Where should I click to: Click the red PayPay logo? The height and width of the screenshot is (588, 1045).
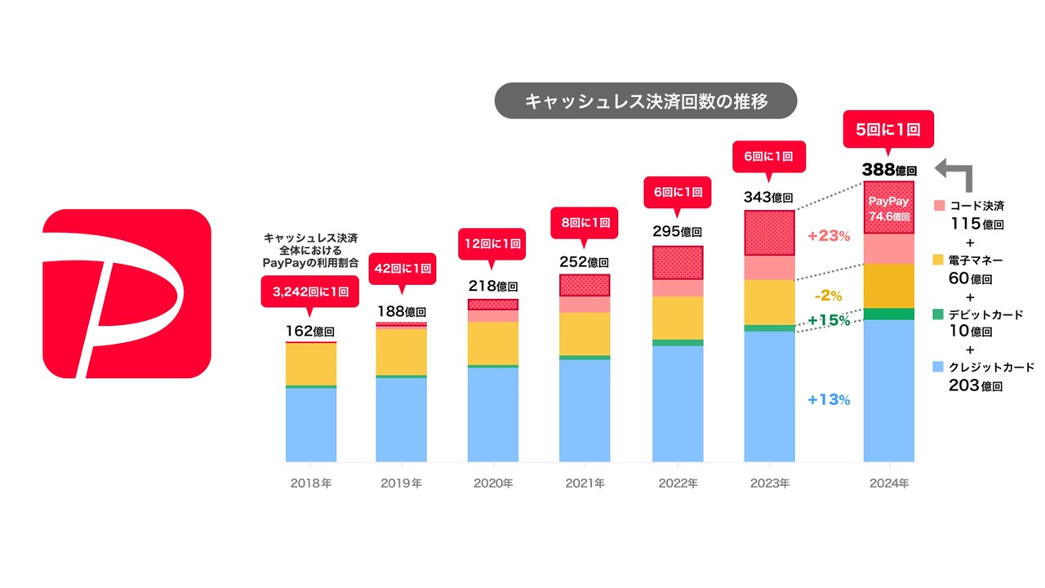(127, 294)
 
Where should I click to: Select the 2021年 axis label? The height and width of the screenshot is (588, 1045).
(585, 483)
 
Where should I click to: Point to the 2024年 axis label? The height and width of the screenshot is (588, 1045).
(888, 483)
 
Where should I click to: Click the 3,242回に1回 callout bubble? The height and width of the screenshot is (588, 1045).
(309, 292)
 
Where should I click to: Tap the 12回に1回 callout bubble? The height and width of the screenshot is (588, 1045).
(493, 244)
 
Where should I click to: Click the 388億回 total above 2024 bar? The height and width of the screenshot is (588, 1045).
(889, 171)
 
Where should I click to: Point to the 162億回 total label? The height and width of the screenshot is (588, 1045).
(310, 332)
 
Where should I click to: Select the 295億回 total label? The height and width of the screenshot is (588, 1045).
(678, 232)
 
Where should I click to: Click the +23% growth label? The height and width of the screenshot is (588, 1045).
(829, 237)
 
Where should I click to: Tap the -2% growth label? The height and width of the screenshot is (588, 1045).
(829, 296)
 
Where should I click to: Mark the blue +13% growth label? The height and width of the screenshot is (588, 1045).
(829, 400)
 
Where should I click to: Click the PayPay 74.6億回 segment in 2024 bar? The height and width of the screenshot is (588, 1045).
(888, 207)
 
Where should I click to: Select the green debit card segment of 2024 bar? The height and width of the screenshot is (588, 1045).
(888, 314)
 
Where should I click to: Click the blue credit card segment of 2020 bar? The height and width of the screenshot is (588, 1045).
(492, 414)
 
